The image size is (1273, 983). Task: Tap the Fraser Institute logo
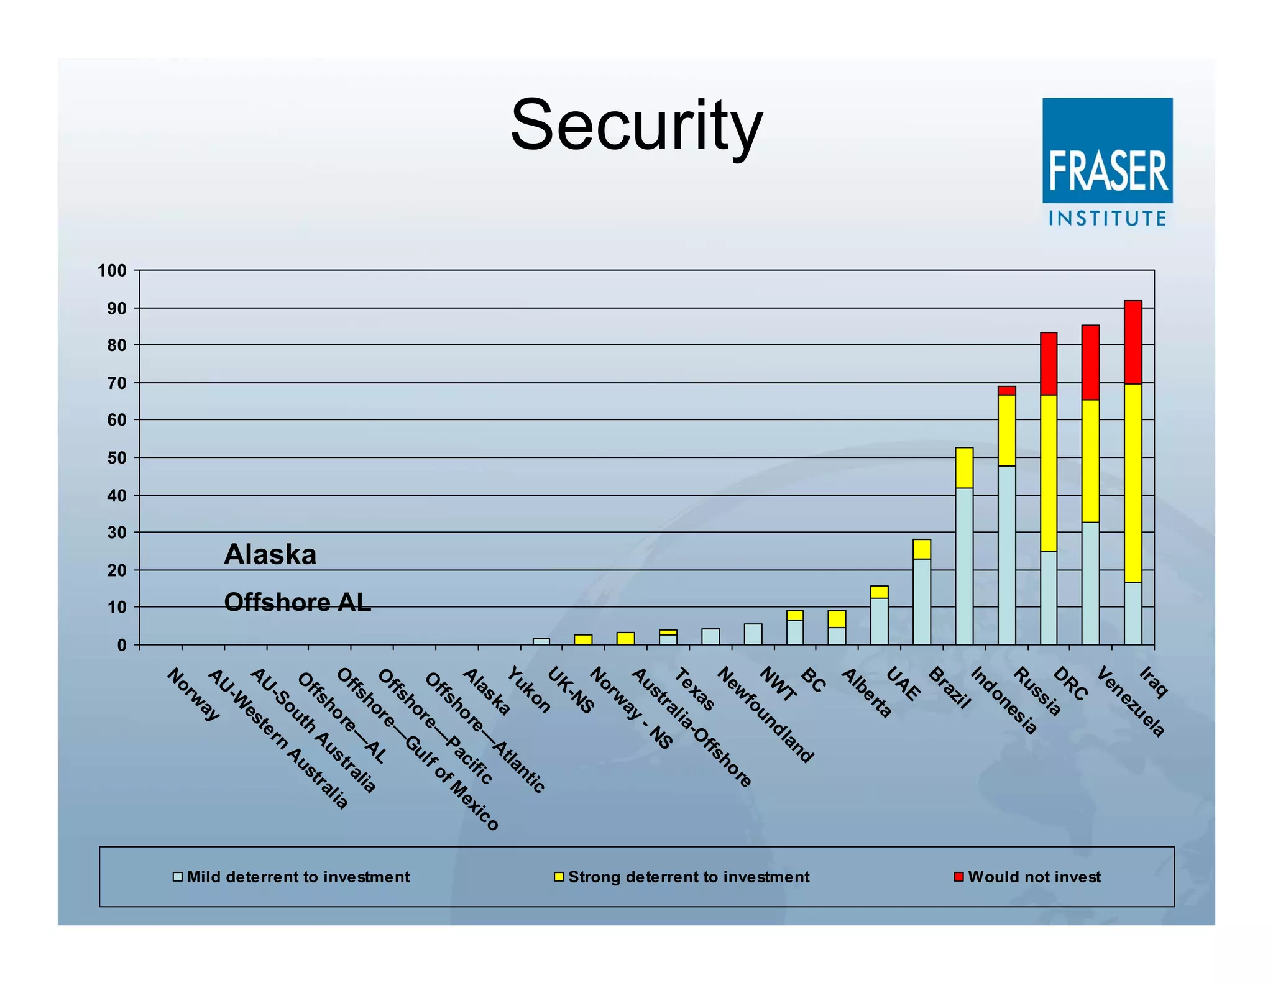(1107, 162)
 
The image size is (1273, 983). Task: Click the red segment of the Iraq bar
(1133, 342)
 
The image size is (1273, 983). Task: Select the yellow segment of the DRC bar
(1048, 473)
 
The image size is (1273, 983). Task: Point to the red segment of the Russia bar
(1006, 391)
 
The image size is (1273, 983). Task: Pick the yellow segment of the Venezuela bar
(1090, 460)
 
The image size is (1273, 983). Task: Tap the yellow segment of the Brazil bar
(922, 549)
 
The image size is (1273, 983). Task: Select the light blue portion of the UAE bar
(879, 620)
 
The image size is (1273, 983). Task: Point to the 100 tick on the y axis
(112, 271)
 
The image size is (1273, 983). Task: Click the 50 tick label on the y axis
(116, 459)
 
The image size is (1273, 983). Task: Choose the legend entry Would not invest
(1034, 877)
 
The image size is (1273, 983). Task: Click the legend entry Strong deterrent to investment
(688, 877)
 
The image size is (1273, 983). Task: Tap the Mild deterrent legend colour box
(178, 877)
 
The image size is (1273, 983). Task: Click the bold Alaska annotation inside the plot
(270, 554)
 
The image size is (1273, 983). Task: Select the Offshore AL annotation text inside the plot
(297, 602)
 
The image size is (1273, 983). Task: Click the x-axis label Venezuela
(1129, 702)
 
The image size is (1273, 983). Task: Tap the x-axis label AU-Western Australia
(277, 739)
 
